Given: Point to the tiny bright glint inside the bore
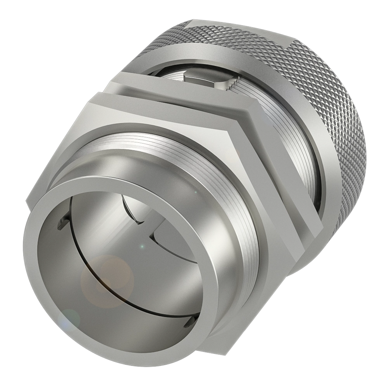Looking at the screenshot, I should pyautogui.click(x=142, y=246).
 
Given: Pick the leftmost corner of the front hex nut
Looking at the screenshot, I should pyautogui.click(x=28, y=202).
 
